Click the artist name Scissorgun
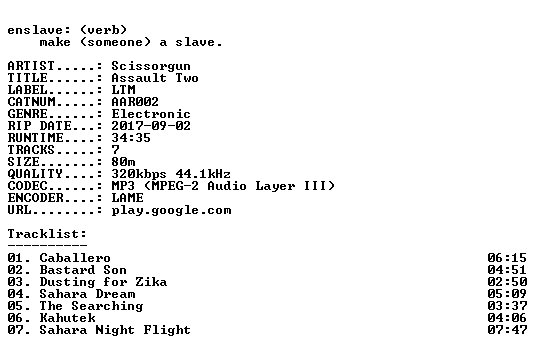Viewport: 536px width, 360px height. point(151,66)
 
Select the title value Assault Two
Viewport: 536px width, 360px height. point(155,78)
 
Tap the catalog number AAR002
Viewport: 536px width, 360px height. point(135,102)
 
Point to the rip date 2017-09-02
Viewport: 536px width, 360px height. point(151,126)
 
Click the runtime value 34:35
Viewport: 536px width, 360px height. point(131,138)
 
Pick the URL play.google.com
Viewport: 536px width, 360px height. point(171,210)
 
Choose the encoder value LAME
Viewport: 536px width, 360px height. point(127,198)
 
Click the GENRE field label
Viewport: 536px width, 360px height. point(27,114)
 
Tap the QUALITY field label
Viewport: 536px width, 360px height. point(35,174)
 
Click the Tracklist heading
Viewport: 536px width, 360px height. point(47,234)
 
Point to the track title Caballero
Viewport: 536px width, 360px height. point(75,258)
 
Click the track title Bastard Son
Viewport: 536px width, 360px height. point(83,270)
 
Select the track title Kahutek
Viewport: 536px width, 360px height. point(67,318)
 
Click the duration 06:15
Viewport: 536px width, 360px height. point(507,258)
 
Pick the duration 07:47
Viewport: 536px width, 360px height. point(507,330)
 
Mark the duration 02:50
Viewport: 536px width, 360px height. point(507,282)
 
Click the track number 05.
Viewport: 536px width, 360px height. point(15,306)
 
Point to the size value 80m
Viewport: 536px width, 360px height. point(123,162)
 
